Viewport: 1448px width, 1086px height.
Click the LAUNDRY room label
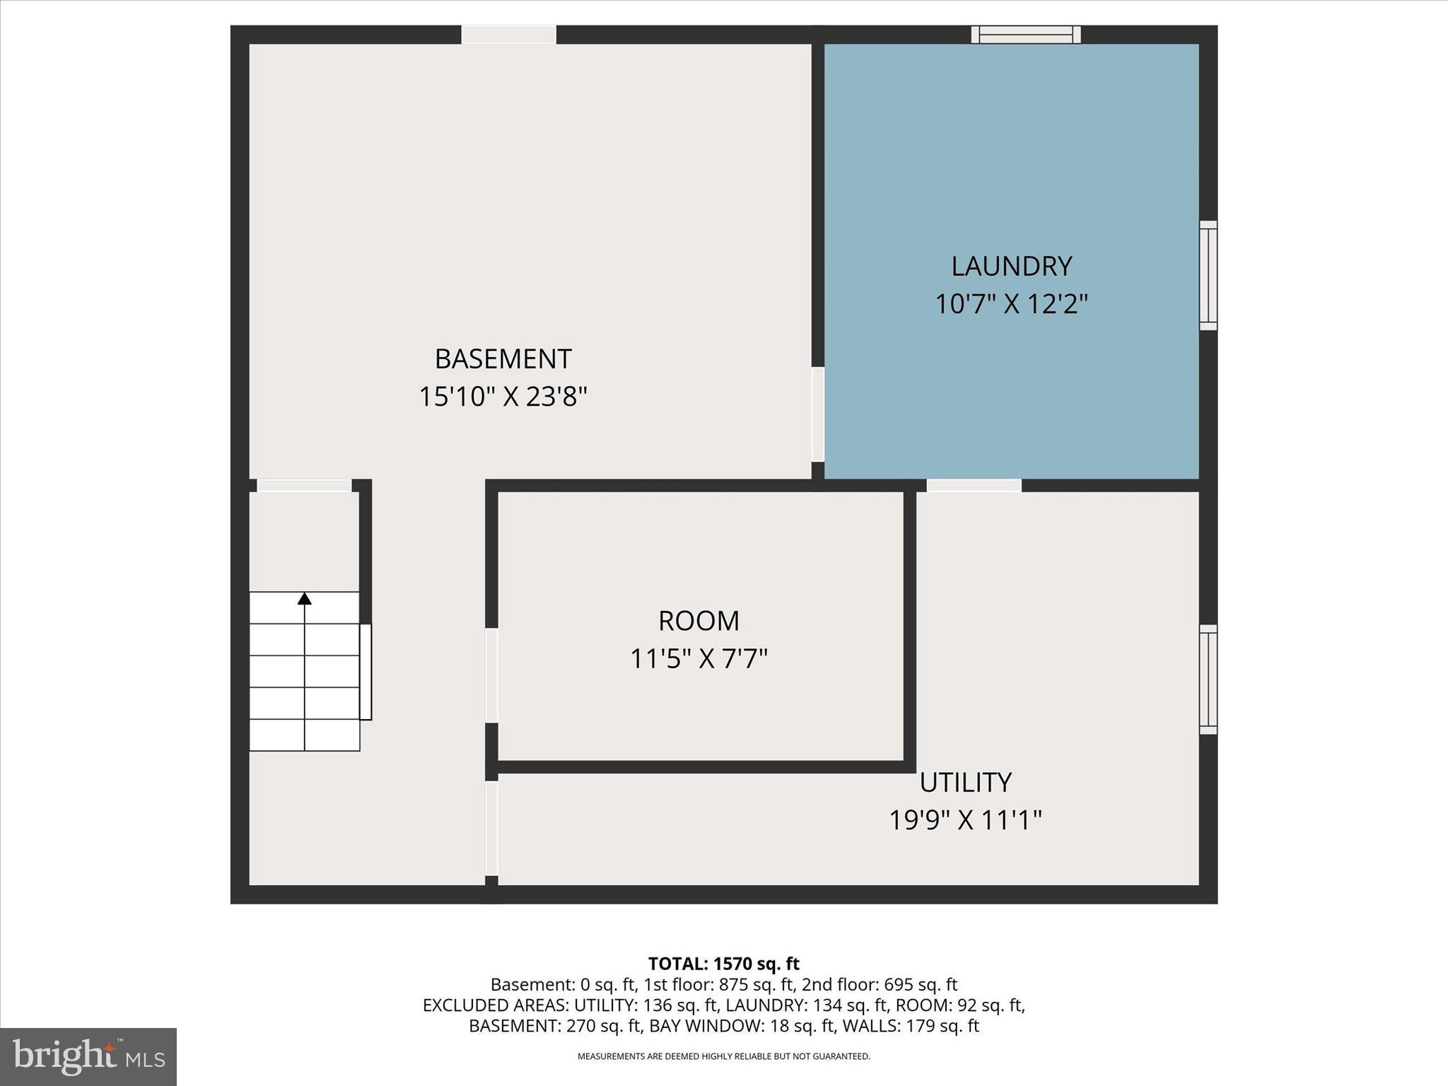(x=1011, y=267)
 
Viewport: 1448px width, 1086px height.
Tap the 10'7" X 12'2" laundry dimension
(x=1011, y=305)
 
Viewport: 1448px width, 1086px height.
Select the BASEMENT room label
(x=503, y=359)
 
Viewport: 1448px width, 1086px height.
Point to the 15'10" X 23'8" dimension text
(x=503, y=397)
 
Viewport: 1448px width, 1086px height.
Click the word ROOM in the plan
(x=699, y=621)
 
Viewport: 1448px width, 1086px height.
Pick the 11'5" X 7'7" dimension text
(x=699, y=660)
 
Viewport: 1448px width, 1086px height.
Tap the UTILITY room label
(x=965, y=783)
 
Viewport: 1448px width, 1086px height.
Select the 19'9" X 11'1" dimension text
(x=965, y=821)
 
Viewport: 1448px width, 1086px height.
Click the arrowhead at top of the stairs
(x=305, y=599)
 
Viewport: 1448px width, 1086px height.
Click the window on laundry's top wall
(x=1026, y=35)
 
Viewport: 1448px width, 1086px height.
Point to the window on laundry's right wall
(x=1208, y=275)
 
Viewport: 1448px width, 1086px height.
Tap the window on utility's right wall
(x=1208, y=679)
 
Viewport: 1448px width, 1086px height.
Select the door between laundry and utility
(x=974, y=486)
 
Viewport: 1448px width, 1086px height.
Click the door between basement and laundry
(x=818, y=414)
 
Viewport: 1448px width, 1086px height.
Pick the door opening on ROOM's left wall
(x=491, y=675)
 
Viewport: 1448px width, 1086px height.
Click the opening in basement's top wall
(x=509, y=35)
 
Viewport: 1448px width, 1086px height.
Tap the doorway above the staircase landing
(x=304, y=486)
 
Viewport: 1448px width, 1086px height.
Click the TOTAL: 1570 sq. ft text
(x=723, y=964)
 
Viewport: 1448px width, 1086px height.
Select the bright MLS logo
(x=88, y=1056)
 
